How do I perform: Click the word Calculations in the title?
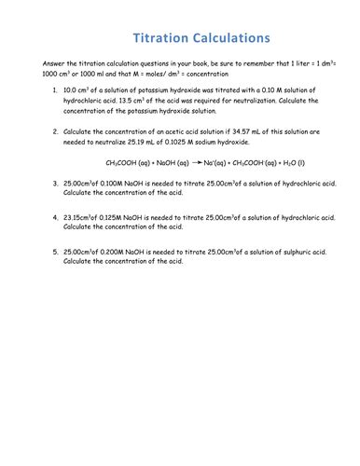[231, 38]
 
